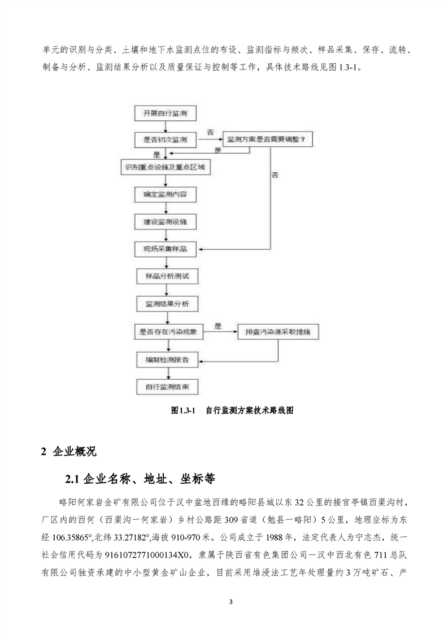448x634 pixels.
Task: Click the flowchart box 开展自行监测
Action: click(165, 114)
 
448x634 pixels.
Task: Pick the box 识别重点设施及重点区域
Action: click(165, 168)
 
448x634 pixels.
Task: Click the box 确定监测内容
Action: click(165, 196)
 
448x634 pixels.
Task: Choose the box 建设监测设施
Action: click(165, 222)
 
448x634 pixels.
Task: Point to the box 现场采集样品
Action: click(165, 249)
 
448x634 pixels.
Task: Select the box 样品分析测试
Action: click(165, 277)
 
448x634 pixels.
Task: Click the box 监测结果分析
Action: click(165, 304)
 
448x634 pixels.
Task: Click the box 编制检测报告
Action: click(165, 359)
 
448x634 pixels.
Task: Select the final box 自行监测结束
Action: click(165, 387)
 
